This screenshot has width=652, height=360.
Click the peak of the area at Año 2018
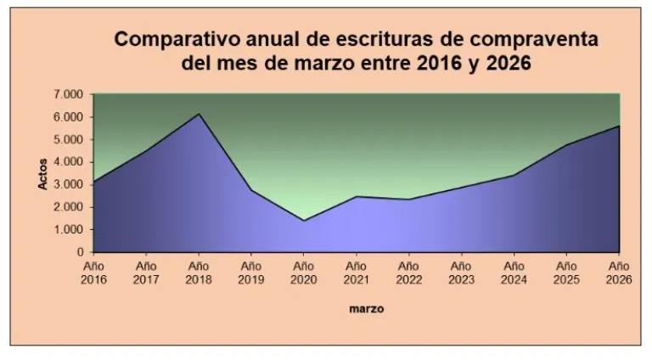[199, 114]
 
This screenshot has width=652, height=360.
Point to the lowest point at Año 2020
[304, 221]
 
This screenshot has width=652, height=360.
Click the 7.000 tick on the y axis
[70, 94]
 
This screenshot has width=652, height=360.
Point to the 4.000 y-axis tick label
[70, 162]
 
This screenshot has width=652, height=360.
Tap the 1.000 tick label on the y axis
[70, 230]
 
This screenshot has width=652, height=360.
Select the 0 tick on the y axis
[81, 252]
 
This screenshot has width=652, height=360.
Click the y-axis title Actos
[43, 172]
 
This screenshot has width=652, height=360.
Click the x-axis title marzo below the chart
[366, 309]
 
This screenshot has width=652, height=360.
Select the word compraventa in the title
[536, 40]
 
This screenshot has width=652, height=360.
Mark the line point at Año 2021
[357, 197]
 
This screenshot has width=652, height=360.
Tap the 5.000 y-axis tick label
[70, 139]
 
